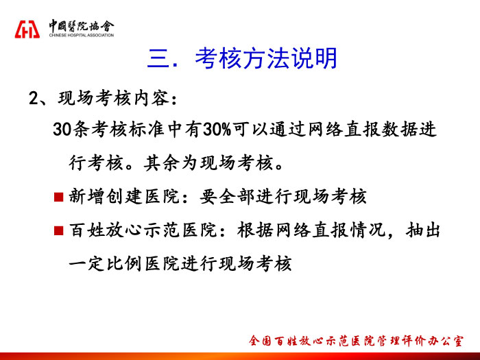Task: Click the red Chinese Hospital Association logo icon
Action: click(27, 29)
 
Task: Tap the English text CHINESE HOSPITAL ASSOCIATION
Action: click(82, 35)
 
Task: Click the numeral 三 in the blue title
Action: click(158, 58)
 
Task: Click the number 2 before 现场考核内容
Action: click(33, 99)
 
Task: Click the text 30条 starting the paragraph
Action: click(71, 129)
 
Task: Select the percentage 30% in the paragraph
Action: click(217, 129)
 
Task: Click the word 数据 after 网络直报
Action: click(400, 129)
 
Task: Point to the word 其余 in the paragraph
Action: click(162, 163)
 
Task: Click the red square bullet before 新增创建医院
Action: click(58, 197)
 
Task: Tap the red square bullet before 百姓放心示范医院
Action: click(58, 230)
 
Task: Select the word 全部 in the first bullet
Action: click(237, 196)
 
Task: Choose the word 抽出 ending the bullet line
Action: click(423, 230)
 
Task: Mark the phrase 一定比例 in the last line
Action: click(106, 263)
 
